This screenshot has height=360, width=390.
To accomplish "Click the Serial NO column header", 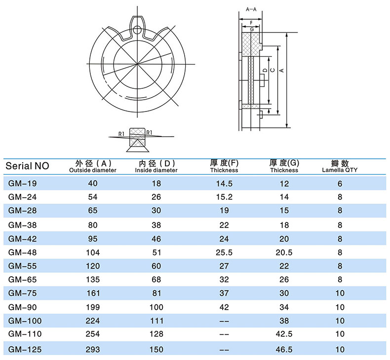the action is (27, 166).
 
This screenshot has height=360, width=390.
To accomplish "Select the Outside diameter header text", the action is (93, 170).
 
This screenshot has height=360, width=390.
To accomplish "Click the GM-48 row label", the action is (22, 252).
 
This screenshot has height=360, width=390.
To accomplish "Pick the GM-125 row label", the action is (25, 350).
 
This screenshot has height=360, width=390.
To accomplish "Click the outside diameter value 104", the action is (93, 252).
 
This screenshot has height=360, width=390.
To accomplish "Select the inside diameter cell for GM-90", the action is (156, 307).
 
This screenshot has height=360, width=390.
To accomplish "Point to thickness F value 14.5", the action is (224, 183).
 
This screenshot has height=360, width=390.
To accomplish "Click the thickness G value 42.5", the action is (284, 334).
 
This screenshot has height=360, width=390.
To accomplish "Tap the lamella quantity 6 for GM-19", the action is (340, 183).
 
